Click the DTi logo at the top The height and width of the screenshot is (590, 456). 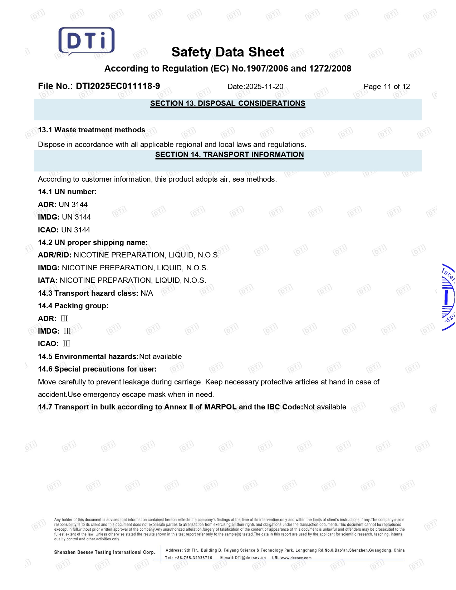coord(86,41)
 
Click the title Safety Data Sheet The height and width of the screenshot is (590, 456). coord(228,52)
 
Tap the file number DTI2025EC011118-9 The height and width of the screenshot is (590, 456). coord(118,86)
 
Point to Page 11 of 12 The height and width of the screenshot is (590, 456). coord(387,87)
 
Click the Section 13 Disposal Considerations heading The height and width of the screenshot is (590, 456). coord(227,103)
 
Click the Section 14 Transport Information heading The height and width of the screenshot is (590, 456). coord(229,154)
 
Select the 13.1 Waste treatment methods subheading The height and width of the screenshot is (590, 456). coord(92,130)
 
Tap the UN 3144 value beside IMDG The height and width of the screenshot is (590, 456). coord(76,217)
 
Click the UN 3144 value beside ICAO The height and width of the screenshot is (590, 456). coord(75,230)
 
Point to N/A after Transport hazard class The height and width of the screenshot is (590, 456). coord(147,293)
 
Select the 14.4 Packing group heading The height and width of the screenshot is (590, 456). coord(73,306)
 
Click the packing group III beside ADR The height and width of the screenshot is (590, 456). coord(64,319)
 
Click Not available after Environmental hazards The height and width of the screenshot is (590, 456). coord(160,357)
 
